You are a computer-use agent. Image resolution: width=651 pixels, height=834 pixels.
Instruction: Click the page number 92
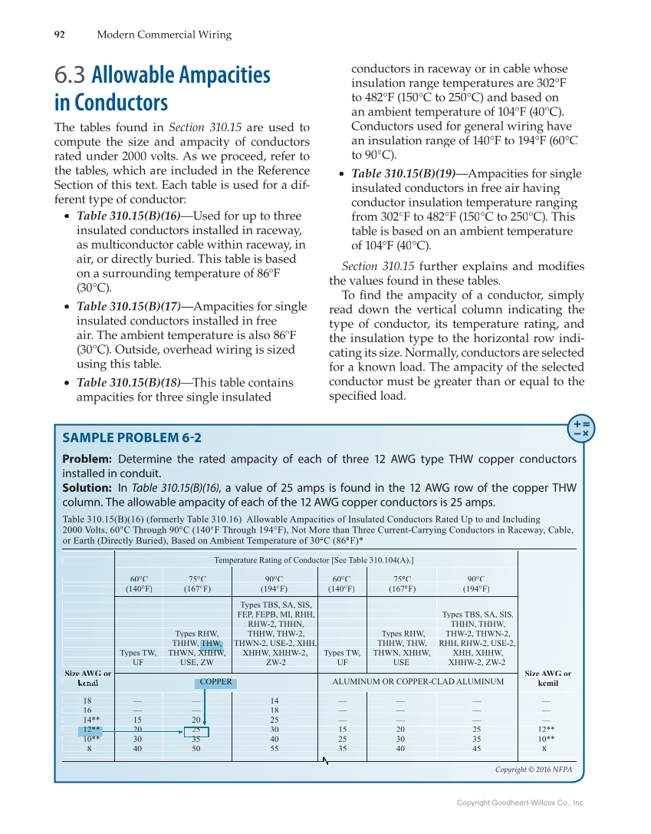(x=59, y=35)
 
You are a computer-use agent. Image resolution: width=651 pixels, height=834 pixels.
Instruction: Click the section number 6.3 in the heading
(x=70, y=76)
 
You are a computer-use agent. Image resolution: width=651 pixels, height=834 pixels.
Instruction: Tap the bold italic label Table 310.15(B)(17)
(x=129, y=306)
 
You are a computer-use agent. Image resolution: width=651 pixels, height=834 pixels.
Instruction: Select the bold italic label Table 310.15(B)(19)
(x=403, y=173)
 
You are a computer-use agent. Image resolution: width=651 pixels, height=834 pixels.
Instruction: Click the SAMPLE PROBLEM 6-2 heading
(x=131, y=438)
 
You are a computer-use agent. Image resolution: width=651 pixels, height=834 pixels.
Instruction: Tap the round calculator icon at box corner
(x=580, y=429)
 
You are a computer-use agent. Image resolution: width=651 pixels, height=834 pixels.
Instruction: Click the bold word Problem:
(x=87, y=459)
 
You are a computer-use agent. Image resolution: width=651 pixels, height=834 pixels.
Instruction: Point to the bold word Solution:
(x=87, y=488)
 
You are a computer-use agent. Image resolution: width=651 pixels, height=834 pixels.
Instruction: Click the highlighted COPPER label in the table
(x=215, y=681)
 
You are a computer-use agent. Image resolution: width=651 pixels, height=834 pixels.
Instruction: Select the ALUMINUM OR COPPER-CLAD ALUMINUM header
(x=418, y=681)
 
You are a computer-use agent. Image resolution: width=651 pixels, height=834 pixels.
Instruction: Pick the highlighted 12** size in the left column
(x=90, y=730)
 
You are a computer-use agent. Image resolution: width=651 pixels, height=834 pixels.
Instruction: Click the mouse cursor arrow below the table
(x=325, y=760)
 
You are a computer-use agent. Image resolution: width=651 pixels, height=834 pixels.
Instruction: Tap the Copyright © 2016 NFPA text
(x=533, y=770)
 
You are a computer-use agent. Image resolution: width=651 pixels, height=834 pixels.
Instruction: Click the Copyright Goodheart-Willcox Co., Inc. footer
(x=520, y=803)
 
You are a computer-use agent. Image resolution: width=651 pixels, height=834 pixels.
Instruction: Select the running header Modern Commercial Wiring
(x=163, y=35)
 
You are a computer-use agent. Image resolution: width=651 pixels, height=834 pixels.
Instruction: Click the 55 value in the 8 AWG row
(x=275, y=748)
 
